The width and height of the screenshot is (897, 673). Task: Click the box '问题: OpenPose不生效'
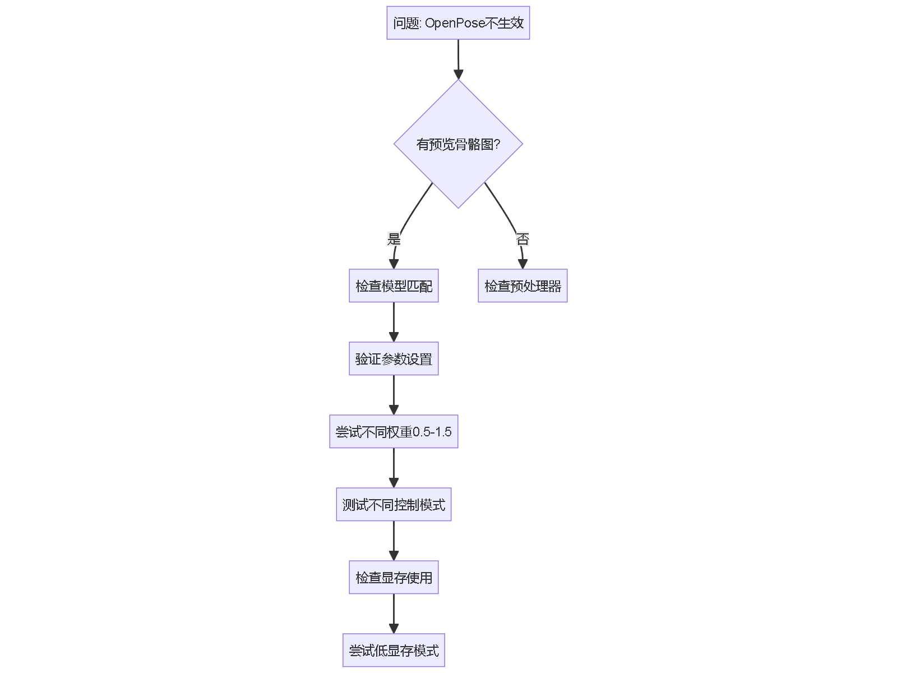point(458,23)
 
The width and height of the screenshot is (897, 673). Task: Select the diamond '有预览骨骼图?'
point(458,144)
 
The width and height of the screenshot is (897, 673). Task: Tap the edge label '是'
point(394,239)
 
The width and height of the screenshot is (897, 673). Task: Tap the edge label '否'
point(523,239)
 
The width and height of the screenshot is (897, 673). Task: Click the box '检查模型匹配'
point(394,286)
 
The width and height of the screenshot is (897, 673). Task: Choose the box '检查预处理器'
point(523,286)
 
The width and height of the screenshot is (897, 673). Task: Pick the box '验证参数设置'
point(394,359)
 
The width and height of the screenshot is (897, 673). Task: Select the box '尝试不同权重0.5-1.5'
point(394,432)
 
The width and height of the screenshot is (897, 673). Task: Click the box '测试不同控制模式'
point(394,505)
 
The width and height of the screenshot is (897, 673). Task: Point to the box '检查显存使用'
point(394,578)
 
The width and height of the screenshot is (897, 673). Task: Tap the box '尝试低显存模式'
point(394,651)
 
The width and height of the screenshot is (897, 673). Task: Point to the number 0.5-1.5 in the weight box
point(432,432)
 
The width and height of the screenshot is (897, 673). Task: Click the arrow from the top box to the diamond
point(458,59)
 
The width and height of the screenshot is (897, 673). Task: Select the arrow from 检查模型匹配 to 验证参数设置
point(394,321)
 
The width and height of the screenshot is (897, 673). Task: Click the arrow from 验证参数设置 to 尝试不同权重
point(394,394)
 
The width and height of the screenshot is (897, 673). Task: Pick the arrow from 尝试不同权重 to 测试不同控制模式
point(394,467)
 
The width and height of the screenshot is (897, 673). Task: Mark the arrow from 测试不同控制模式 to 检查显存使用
point(394,540)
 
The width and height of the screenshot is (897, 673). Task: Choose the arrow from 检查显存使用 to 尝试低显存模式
point(394,613)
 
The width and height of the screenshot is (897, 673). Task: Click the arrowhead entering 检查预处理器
point(523,264)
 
